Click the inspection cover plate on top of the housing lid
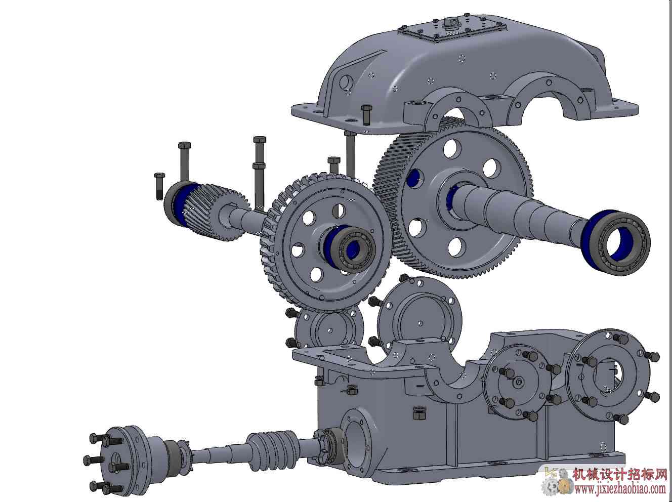click(497, 29)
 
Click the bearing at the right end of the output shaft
click(615, 242)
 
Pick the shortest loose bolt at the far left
click(159, 186)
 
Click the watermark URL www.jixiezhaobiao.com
click(620, 491)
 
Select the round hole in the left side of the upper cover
click(347, 82)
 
